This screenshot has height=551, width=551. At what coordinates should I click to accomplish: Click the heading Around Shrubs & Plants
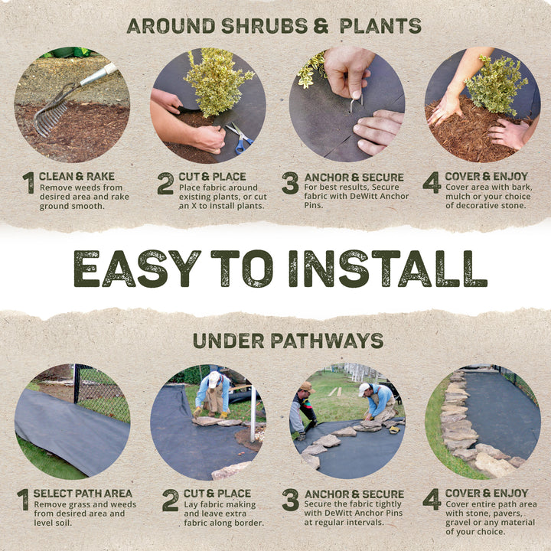click(x=274, y=25)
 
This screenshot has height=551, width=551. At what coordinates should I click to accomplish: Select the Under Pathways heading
click(x=288, y=341)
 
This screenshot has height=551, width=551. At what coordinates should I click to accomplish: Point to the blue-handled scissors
click(x=240, y=138)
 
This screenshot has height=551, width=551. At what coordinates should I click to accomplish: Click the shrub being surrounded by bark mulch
click(x=495, y=84)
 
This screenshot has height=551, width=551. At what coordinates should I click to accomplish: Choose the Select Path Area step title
click(x=83, y=494)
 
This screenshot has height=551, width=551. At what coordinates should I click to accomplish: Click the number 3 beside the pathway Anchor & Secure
click(x=290, y=500)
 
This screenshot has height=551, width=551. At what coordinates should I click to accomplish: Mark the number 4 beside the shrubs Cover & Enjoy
click(x=432, y=182)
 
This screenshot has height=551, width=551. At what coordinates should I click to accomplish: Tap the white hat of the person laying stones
click(x=214, y=378)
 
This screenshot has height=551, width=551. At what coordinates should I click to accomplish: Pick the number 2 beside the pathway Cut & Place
click(x=170, y=500)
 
